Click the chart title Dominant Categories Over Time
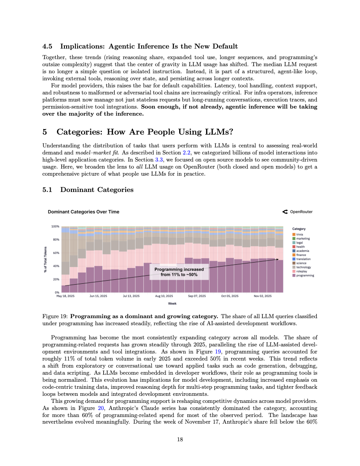click(x=83, y=212)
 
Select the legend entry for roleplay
click(x=301, y=271)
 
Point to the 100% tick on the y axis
click(x=56, y=226)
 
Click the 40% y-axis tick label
click(x=56, y=266)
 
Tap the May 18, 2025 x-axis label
click(x=66, y=296)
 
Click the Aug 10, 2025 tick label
click(x=164, y=296)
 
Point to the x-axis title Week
click(x=172, y=303)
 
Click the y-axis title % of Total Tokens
click(x=45, y=259)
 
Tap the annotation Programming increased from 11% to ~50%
click(x=179, y=271)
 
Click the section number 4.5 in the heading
click(x=48, y=46)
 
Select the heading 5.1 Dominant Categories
click(x=88, y=190)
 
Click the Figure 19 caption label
click(x=55, y=316)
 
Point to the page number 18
click(x=180, y=439)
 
